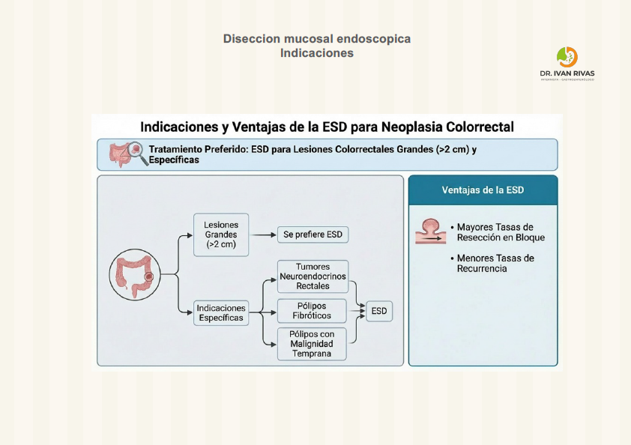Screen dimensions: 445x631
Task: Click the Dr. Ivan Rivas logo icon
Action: (x=567, y=57)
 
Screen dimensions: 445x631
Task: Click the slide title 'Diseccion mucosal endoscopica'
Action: (x=316, y=38)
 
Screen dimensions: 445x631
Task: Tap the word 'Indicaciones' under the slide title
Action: (x=316, y=53)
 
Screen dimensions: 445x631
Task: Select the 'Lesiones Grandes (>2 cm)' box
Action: (x=220, y=234)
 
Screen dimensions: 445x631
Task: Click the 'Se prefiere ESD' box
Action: (x=313, y=234)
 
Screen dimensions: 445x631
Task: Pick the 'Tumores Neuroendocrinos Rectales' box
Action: (x=313, y=276)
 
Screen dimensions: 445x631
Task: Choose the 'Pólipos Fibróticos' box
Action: (x=313, y=311)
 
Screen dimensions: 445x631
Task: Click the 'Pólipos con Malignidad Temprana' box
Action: (x=313, y=344)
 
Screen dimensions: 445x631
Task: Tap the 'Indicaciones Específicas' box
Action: (x=220, y=312)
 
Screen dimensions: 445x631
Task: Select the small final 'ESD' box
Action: (x=379, y=311)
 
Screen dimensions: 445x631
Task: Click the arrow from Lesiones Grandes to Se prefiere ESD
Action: (x=262, y=234)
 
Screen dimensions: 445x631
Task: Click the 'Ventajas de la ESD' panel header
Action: (x=483, y=190)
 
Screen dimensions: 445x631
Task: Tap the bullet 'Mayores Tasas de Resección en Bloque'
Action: (x=501, y=232)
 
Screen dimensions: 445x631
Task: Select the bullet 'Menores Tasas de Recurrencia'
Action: (x=495, y=263)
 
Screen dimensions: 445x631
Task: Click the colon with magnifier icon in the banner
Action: (x=125, y=154)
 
